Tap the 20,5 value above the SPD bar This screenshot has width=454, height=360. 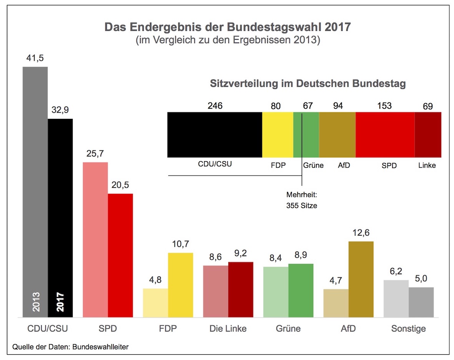point(120,185)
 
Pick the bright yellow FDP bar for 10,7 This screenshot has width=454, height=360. point(180,285)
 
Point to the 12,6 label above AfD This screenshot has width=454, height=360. point(361,233)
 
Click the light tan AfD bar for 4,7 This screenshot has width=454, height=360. point(336,303)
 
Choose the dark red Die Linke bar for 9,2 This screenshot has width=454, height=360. point(241,289)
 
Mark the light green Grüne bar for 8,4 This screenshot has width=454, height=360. point(276,292)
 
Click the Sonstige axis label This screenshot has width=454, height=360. point(409,329)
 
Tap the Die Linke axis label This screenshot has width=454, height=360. point(228,329)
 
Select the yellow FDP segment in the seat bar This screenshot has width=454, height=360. point(278,134)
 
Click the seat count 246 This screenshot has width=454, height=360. point(215,105)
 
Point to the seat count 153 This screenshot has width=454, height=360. point(384,105)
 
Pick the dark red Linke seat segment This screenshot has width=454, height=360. point(427,134)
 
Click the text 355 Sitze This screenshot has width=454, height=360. point(302,205)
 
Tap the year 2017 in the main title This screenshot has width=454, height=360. point(338,28)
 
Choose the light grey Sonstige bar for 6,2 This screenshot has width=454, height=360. point(396,298)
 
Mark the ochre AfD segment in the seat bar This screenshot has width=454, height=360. point(337,134)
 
